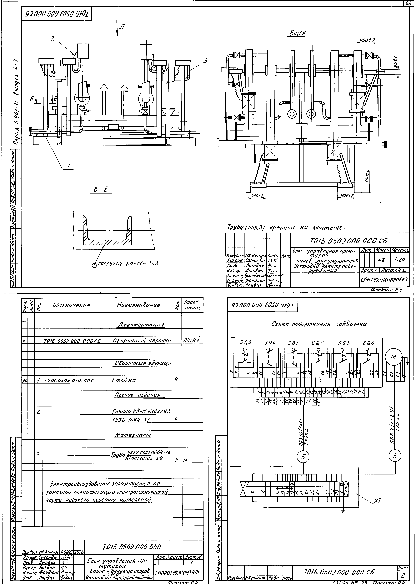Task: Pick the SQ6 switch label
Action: coord(368,343)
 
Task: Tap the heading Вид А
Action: coord(297,33)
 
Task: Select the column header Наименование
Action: coord(138,305)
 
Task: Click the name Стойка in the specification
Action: coord(124,380)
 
